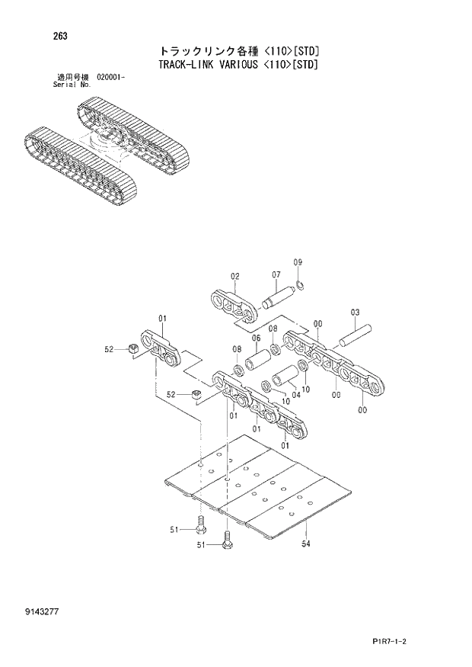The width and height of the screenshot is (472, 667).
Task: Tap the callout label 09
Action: click(298, 262)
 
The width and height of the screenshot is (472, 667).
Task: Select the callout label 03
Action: click(356, 312)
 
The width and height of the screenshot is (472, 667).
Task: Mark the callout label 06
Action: click(256, 338)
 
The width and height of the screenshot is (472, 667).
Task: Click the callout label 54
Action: click(305, 543)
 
